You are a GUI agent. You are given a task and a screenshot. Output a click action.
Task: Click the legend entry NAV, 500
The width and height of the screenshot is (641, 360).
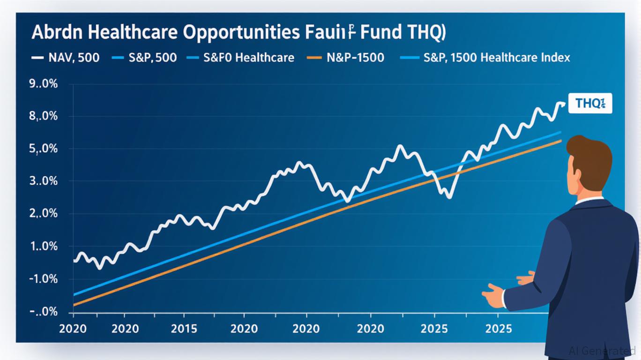pyautogui.click(x=74, y=58)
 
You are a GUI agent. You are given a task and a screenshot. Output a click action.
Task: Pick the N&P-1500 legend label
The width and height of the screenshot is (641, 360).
pyautogui.click(x=354, y=58)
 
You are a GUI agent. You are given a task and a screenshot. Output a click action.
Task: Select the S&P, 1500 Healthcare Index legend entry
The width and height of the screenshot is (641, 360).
pyautogui.click(x=497, y=58)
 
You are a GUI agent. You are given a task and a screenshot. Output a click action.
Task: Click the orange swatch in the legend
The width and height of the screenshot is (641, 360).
pyautogui.click(x=314, y=58)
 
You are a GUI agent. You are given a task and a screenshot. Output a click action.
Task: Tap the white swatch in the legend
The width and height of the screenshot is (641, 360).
pyautogui.click(x=37, y=58)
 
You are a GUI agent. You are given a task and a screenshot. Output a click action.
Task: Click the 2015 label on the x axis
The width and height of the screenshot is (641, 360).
pyautogui.click(x=184, y=328)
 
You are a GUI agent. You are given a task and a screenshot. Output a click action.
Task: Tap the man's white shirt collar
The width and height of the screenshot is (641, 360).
pyautogui.click(x=589, y=201)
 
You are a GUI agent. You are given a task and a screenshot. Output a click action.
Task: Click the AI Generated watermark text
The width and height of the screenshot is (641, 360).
pyautogui.click(x=602, y=351)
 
